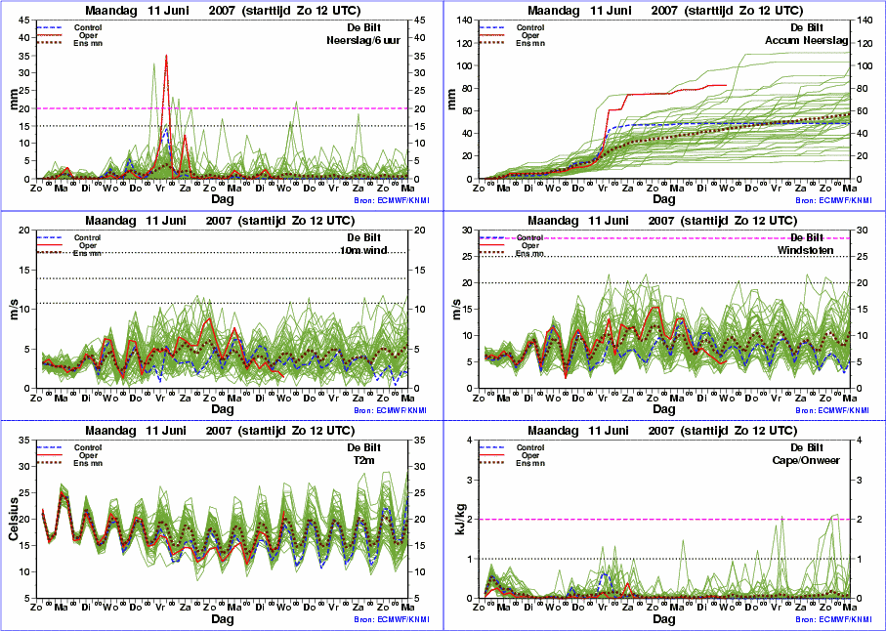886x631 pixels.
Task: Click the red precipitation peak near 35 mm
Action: (166, 57)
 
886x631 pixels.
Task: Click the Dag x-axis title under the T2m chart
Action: (221, 618)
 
